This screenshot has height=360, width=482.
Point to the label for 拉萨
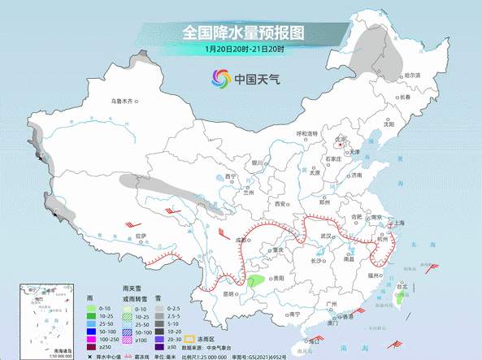(141, 236)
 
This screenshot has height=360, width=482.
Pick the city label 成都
(241, 241)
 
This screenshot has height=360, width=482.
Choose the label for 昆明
(230, 293)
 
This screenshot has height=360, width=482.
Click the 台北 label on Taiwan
(402, 287)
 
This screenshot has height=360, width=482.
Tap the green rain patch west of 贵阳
(255, 282)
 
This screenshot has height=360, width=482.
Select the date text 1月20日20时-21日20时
(243, 49)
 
